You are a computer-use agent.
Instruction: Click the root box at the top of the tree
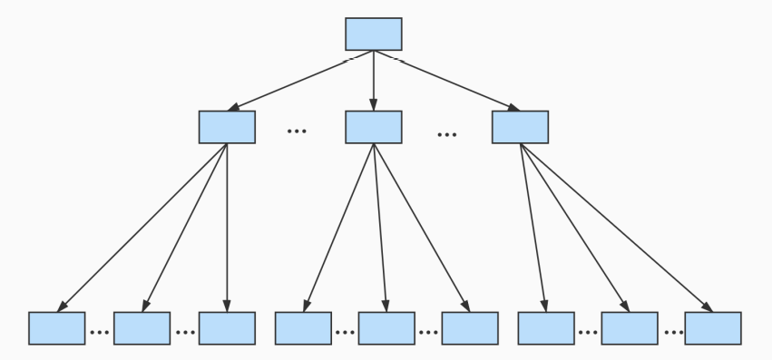click(x=373, y=34)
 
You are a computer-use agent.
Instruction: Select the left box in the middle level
click(x=227, y=127)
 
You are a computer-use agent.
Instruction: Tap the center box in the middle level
click(x=373, y=127)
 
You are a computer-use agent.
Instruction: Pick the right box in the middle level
click(x=520, y=127)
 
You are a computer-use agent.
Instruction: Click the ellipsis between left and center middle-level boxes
click(x=297, y=132)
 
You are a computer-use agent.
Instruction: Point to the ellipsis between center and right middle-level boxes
click(x=446, y=135)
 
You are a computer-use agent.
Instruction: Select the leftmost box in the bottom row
click(x=56, y=327)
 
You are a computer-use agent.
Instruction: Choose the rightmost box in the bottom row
click(x=713, y=327)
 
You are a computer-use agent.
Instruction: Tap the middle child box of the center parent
click(x=386, y=327)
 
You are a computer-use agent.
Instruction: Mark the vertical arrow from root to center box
click(x=373, y=81)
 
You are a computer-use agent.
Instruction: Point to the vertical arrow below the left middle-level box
click(x=227, y=227)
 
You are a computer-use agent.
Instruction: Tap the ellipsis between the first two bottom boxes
click(x=99, y=333)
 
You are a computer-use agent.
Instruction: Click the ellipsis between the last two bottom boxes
click(x=672, y=333)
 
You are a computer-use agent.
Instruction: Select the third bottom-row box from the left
click(x=227, y=327)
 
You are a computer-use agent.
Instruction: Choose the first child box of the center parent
click(x=303, y=327)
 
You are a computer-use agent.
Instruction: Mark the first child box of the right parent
click(x=546, y=327)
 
